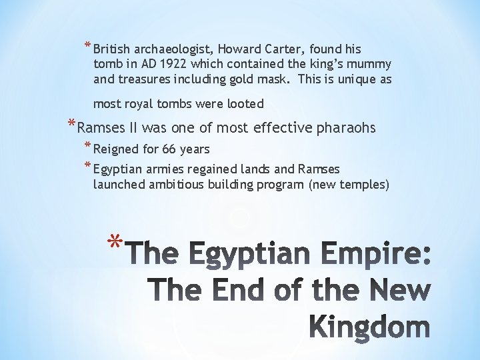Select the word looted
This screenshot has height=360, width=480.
(x=246, y=103)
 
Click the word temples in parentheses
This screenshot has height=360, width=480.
(x=363, y=184)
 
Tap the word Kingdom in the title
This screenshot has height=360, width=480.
(x=370, y=328)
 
